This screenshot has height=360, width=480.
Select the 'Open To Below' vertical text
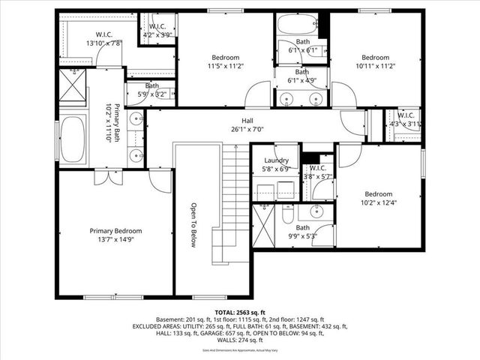click(193, 225)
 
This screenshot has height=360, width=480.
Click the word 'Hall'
click(247, 120)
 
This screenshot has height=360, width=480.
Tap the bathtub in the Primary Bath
click(73, 139)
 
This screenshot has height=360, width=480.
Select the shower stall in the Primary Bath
click(73, 85)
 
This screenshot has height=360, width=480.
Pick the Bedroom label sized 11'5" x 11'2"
click(225, 57)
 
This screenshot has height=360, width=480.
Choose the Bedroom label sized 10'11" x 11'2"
click(375, 57)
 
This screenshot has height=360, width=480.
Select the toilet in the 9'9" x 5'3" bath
click(289, 216)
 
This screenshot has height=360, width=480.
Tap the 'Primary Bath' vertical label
click(114, 124)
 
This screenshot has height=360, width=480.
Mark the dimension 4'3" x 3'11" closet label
click(404, 124)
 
